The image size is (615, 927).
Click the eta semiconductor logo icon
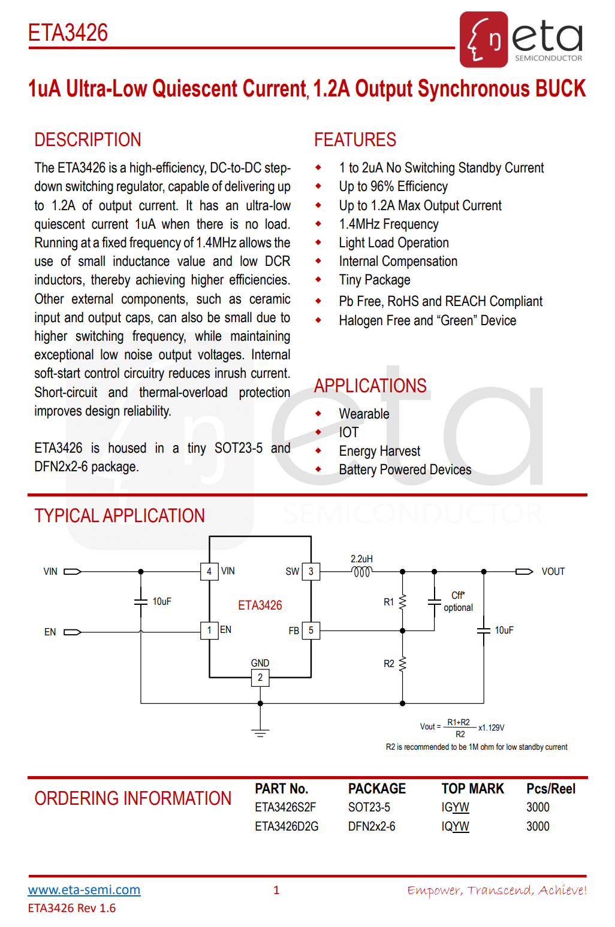484,40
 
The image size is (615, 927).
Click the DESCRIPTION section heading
88,140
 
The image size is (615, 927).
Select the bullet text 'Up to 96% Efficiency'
393,187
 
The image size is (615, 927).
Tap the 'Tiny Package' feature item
374,280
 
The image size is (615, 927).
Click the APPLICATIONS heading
370,386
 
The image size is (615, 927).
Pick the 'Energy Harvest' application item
379,451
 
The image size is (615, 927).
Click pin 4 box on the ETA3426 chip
209,571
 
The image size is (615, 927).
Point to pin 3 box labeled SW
310,571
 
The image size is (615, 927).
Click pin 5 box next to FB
310,630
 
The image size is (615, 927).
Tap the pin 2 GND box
260,677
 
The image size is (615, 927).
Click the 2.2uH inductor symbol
361,572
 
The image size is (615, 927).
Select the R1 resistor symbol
402,601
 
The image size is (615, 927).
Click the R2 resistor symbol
402,664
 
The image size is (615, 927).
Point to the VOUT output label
553,571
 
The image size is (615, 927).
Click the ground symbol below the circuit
260,732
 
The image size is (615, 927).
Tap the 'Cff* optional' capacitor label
458,601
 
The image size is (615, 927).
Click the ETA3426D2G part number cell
287,826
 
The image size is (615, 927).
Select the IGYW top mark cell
455,807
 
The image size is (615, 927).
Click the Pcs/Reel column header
550,789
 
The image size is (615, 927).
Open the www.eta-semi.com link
84,890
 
